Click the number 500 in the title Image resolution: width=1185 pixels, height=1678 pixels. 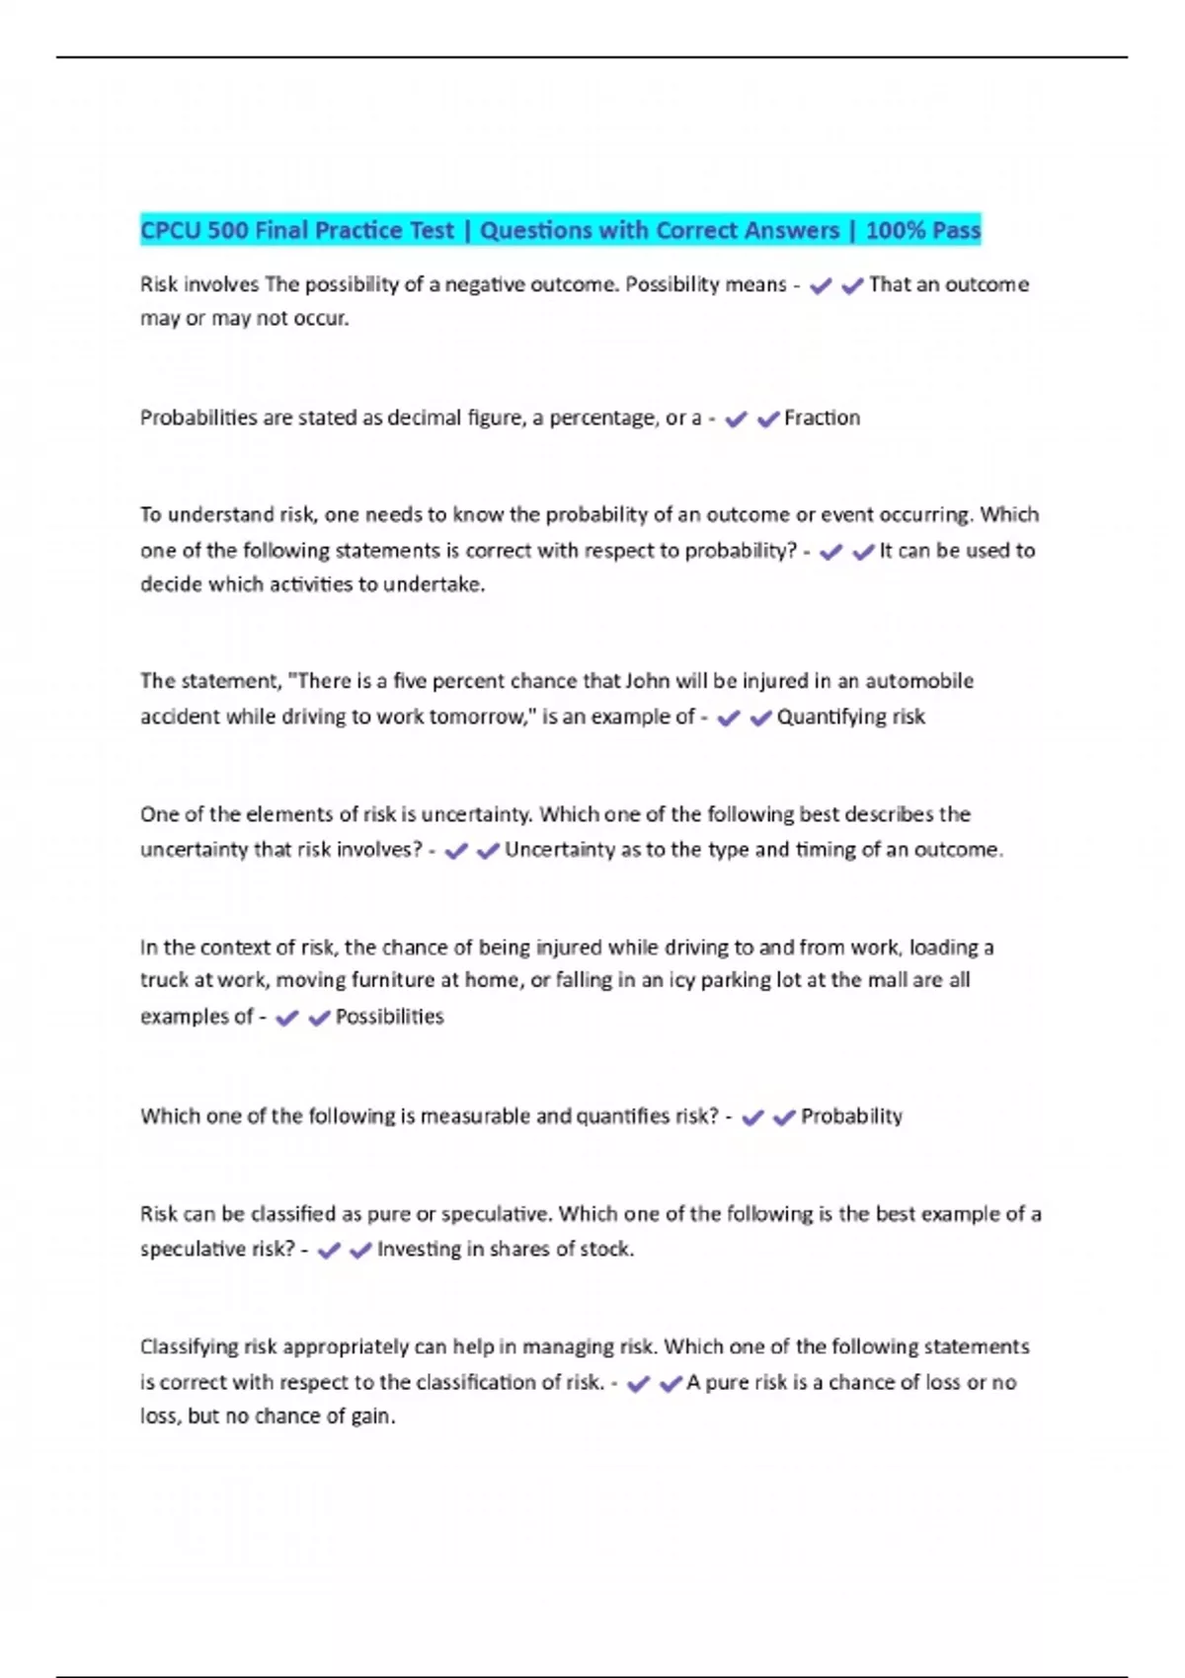(x=228, y=231)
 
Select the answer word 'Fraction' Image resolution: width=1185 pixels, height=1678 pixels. (x=822, y=418)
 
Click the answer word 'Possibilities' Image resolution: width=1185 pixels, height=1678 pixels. (x=389, y=1017)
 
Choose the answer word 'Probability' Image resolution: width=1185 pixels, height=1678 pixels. (x=851, y=1116)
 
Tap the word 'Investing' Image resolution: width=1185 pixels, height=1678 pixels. (x=419, y=1250)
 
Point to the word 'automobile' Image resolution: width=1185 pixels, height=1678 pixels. (x=919, y=681)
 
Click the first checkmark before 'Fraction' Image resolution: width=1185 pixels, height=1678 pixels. (x=736, y=419)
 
